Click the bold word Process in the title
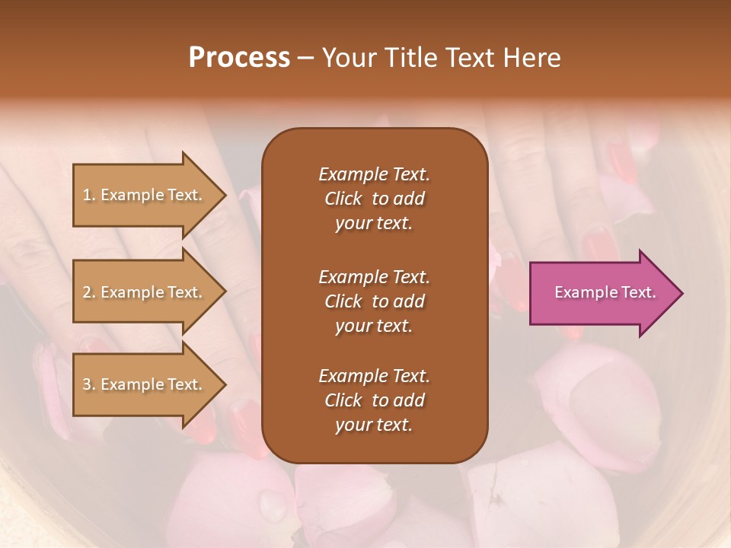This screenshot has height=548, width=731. tap(239, 58)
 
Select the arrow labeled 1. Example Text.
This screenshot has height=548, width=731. tap(145, 196)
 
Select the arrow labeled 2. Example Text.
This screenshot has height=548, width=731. tap(145, 293)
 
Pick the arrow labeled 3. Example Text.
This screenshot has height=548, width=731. tap(145, 385)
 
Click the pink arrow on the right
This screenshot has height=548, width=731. tap(602, 293)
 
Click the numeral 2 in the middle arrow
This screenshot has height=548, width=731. tap(87, 292)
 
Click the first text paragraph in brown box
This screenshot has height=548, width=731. tap(374, 199)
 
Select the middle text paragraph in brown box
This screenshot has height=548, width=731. tap(374, 301)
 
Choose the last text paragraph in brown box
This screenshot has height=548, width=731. tap(374, 400)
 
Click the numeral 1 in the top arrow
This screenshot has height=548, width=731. tap(86, 195)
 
